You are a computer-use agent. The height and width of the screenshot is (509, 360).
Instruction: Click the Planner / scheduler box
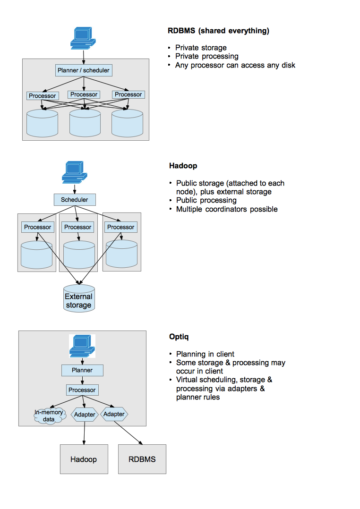[x=84, y=70]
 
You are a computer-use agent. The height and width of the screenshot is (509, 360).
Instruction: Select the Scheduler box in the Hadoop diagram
[x=74, y=200]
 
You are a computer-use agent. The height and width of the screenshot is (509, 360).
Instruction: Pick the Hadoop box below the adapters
[x=84, y=459]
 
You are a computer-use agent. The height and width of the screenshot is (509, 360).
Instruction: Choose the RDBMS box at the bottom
[x=142, y=459]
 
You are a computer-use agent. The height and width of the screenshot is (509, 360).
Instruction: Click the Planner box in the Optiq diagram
[x=82, y=370]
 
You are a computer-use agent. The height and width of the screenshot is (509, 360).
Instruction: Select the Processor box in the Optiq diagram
[x=82, y=390]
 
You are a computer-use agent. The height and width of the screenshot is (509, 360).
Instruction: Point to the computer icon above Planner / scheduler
[x=82, y=38]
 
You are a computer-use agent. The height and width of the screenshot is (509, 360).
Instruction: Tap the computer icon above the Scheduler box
[x=74, y=172]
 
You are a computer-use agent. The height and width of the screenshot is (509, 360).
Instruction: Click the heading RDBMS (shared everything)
[x=218, y=31]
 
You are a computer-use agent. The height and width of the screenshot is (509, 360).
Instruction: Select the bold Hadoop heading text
[x=183, y=166]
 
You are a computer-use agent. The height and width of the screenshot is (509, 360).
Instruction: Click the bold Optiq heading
[x=180, y=337]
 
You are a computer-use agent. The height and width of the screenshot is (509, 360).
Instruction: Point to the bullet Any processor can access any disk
[x=235, y=65]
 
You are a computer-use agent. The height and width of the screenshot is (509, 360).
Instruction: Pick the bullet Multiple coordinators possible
[x=227, y=209]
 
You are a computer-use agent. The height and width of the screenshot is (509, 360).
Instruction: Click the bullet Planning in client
[x=205, y=354]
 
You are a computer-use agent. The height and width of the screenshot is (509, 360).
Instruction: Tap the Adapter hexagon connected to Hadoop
[x=85, y=415]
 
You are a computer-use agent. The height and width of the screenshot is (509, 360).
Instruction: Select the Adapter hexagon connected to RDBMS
[x=114, y=415]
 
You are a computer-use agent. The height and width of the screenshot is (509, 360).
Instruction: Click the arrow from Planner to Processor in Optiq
[x=82, y=380]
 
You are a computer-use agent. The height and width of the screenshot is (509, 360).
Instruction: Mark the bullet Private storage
[x=201, y=48]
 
